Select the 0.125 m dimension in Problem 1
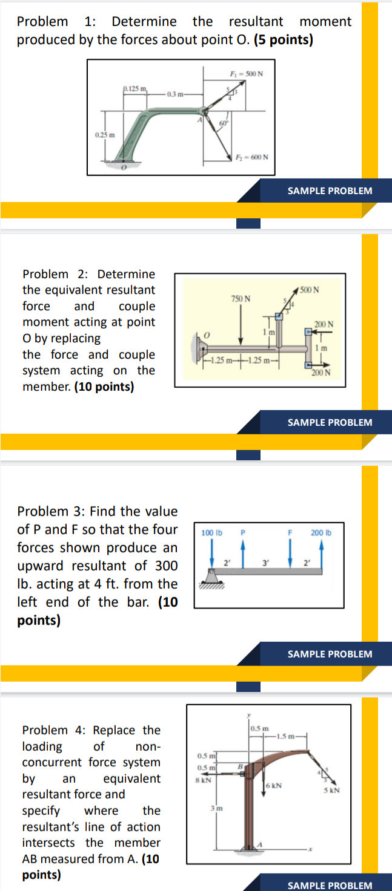click(x=136, y=89)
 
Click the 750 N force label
click(x=241, y=299)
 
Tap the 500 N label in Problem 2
click(x=310, y=290)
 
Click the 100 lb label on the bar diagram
click(x=211, y=533)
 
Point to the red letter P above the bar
click(x=242, y=533)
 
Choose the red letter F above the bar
click(x=290, y=533)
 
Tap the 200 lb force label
click(x=321, y=533)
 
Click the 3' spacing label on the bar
click(x=265, y=562)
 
